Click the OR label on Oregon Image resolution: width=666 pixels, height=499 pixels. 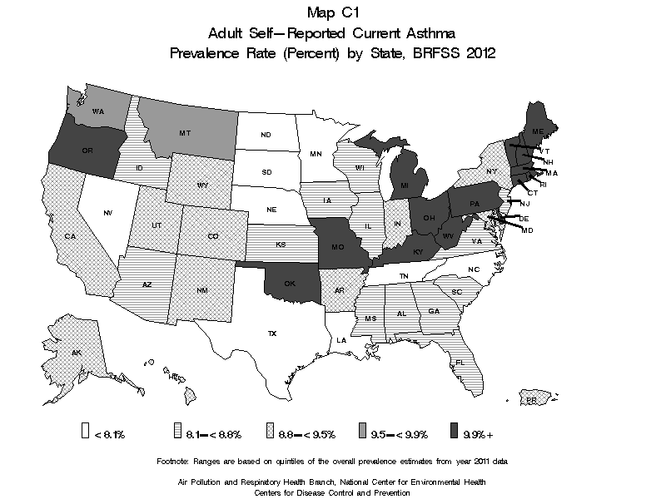(87, 151)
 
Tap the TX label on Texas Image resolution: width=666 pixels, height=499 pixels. (271, 333)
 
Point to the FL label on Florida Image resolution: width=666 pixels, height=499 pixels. (459, 363)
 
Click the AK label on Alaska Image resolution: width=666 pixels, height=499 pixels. (76, 353)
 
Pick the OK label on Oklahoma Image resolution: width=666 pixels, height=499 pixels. (290, 282)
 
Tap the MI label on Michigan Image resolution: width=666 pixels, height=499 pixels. (403, 185)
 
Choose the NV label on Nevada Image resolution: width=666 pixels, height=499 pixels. (107, 214)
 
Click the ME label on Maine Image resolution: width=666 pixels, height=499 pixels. (538, 132)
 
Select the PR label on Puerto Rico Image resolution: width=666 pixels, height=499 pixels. (530, 400)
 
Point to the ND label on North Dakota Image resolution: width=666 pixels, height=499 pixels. (266, 135)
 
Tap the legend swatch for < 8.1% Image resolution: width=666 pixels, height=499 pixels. (85, 431)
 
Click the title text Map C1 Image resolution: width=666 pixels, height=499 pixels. (332, 12)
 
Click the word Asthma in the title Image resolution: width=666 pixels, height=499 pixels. (432, 32)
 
